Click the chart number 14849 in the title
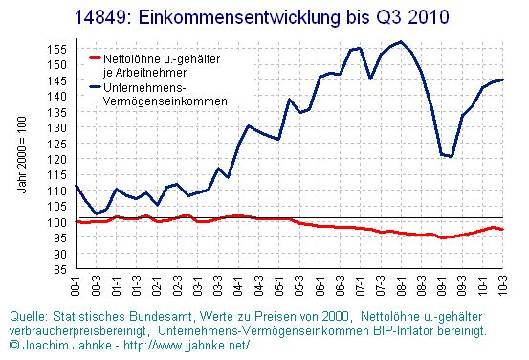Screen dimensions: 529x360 click(x=99, y=17)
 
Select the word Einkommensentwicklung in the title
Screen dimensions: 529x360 click(x=239, y=17)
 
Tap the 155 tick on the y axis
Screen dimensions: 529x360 click(x=56, y=49)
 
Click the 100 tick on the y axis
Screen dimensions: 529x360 click(x=56, y=222)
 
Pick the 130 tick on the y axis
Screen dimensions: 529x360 click(x=56, y=128)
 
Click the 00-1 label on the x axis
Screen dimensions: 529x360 click(x=76, y=285)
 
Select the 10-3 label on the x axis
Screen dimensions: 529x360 click(x=502, y=285)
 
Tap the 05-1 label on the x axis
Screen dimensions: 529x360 click(x=278, y=285)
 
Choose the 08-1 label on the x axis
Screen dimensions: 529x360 click(x=401, y=285)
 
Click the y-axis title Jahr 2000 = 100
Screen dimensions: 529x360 click(x=22, y=155)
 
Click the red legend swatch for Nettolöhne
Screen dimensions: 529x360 click(x=95, y=58)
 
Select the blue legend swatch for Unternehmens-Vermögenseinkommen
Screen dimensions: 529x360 click(x=95, y=87)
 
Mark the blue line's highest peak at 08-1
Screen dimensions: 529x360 click(x=401, y=42)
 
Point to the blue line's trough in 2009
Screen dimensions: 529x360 click(x=451, y=156)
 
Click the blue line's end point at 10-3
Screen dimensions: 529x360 click(x=502, y=79)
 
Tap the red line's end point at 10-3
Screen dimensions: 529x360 click(x=502, y=229)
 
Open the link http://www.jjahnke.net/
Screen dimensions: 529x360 click(x=187, y=345)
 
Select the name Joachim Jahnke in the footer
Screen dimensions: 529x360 click(x=67, y=345)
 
